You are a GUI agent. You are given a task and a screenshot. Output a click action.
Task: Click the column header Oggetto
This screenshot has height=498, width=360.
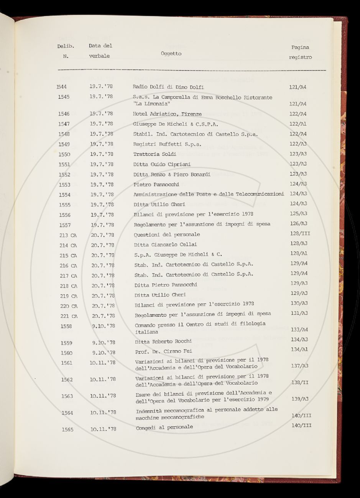click(x=171, y=54)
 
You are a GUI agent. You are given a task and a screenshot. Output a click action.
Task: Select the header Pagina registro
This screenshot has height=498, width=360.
click(x=300, y=52)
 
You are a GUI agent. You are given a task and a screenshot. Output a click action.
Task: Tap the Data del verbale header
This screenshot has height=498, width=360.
click(x=100, y=51)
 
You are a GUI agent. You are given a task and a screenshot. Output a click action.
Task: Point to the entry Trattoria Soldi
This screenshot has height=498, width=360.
click(x=155, y=154)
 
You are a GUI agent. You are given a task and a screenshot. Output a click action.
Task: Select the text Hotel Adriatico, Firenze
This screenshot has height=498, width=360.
click(x=167, y=114)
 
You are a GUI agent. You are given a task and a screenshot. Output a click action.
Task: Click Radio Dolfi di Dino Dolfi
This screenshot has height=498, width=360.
click(x=168, y=87)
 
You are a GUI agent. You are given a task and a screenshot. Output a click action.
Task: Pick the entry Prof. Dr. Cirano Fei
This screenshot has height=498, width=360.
click(x=164, y=351)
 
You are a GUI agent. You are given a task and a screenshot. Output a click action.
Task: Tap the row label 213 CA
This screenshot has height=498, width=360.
click(x=68, y=235)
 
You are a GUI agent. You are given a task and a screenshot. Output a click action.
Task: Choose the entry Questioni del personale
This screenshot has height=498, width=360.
click(x=167, y=234)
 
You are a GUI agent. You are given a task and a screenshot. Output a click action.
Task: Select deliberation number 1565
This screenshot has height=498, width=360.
click(x=68, y=429)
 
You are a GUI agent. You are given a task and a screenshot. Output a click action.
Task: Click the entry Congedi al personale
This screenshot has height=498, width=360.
click(x=164, y=428)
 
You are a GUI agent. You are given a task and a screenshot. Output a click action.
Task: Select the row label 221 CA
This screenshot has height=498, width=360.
click(x=69, y=316)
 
